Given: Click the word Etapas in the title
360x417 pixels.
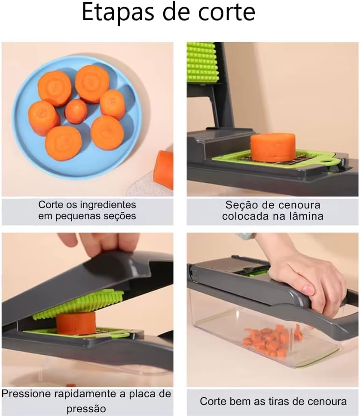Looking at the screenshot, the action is tap(118, 12).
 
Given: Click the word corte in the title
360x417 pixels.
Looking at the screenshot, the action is tap(227, 12).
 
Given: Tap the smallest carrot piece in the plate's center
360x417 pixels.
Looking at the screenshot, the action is tap(76, 111).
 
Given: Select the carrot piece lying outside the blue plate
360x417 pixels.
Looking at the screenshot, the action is tap(164, 170).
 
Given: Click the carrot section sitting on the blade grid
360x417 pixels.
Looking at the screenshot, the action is tap(273, 147).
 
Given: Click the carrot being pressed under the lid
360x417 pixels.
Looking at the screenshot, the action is tap(76, 323).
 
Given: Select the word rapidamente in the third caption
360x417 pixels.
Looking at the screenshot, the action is tap(86, 394).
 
